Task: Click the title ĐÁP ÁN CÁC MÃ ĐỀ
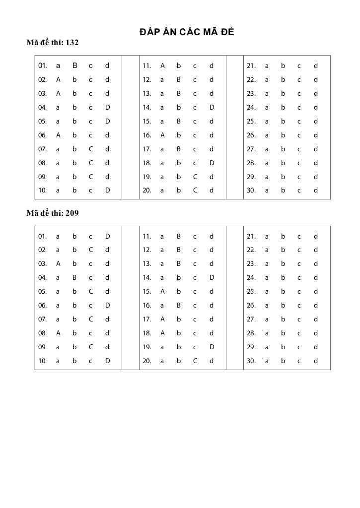click(187, 33)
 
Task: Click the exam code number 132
click(72, 43)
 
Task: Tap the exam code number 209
click(72, 213)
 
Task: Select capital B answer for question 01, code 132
click(74, 65)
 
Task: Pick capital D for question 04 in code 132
click(108, 107)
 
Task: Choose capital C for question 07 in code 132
click(91, 149)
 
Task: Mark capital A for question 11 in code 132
click(162, 65)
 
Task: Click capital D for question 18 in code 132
click(212, 163)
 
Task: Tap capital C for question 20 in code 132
click(195, 190)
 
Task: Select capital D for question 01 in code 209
click(108, 236)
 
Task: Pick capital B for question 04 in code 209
click(74, 278)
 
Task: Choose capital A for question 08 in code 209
click(58, 333)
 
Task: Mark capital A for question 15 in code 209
click(162, 292)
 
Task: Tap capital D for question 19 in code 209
click(212, 347)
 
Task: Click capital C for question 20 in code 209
click(195, 361)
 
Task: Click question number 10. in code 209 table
click(43, 361)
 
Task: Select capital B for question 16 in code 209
click(179, 306)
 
